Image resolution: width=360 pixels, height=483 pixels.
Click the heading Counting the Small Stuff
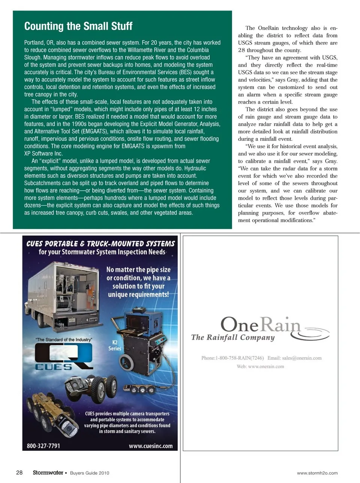coord(78,26)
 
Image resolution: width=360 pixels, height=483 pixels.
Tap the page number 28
coord(19,473)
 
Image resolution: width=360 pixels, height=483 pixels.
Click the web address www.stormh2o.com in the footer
coord(317,473)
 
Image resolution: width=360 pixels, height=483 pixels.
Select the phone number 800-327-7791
coord(43,446)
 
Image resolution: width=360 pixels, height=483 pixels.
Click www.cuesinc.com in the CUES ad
coord(150,446)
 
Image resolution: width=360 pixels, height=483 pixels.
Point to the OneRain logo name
coord(260,324)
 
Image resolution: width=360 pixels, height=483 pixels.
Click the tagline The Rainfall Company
coord(233,337)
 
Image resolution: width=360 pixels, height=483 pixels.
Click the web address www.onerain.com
coord(266,366)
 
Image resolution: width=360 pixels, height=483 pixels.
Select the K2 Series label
coord(115,345)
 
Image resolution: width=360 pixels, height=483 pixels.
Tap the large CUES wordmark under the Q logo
coord(54,367)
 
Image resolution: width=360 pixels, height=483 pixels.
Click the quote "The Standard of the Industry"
coord(64,339)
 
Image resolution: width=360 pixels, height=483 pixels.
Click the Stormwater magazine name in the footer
coord(48,473)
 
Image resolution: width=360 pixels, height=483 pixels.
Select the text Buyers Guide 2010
coord(90,473)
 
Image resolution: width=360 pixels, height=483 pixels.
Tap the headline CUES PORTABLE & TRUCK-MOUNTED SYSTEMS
coord(100,244)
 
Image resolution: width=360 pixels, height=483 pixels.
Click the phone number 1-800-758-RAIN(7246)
coord(240,358)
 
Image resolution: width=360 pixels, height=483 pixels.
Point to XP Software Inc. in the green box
coord(43,154)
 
